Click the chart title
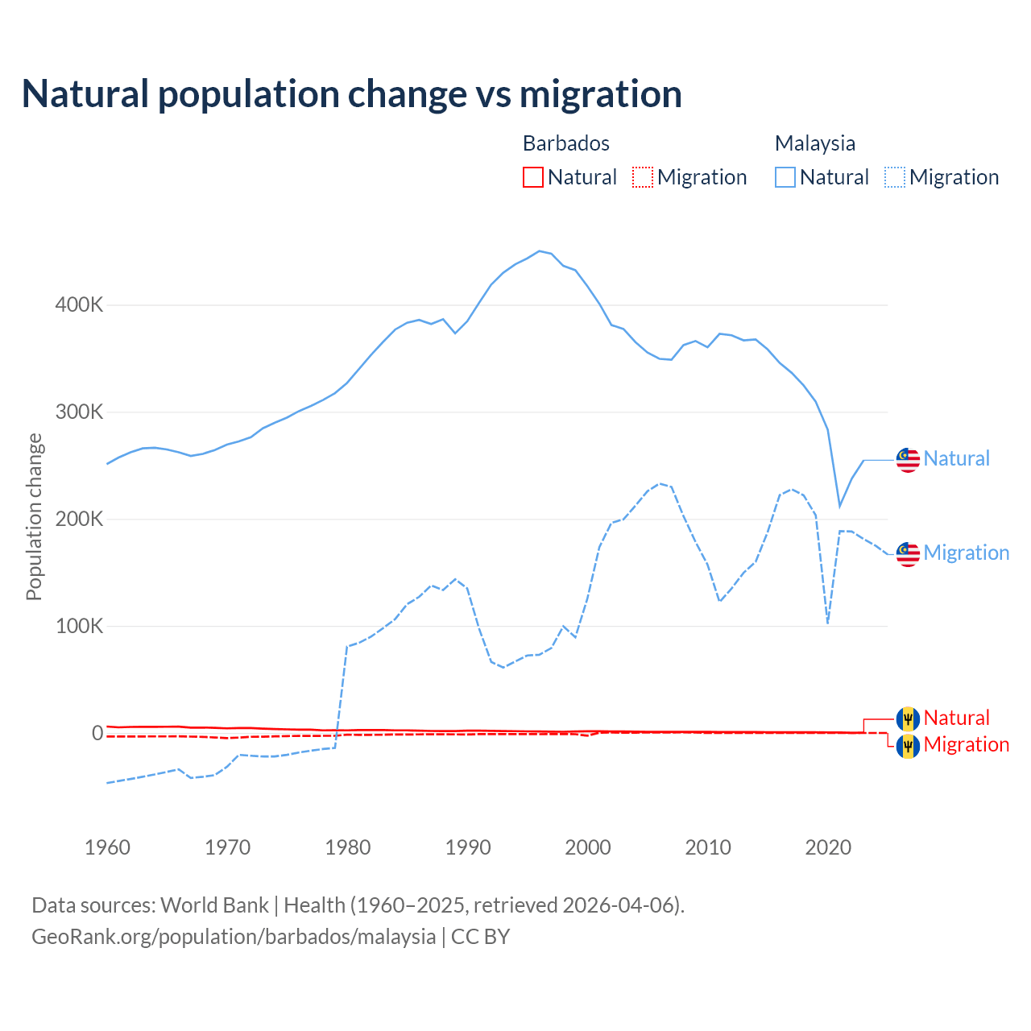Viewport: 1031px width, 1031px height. pyautogui.click(x=351, y=94)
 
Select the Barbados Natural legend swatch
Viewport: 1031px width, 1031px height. pyautogui.click(x=532, y=177)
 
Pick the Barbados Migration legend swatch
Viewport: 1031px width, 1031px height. pyautogui.click(x=643, y=177)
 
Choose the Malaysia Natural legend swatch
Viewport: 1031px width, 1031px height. pyautogui.click(x=785, y=177)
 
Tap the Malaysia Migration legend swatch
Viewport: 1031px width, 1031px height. pyautogui.click(x=895, y=177)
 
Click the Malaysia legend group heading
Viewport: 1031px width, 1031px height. pyautogui.click(x=814, y=143)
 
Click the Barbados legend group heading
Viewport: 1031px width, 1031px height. pyautogui.click(x=565, y=143)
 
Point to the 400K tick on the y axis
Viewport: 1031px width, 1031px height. pyautogui.click(x=80, y=305)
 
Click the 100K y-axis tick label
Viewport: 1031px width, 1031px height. pyautogui.click(x=80, y=626)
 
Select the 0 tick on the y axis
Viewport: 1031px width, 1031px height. pyautogui.click(x=97, y=733)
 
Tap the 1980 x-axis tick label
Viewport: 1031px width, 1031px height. pyautogui.click(x=348, y=847)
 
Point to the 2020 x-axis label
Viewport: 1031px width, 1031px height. pyautogui.click(x=828, y=847)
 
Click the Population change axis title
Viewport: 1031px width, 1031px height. pyautogui.click(x=34, y=516)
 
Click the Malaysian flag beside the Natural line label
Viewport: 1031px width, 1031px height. pyautogui.click(x=908, y=460)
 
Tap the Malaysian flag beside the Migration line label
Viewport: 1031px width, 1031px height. pyautogui.click(x=908, y=554)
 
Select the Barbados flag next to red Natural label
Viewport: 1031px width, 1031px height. pyautogui.click(x=908, y=718)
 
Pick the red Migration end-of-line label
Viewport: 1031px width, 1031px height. pyautogui.click(x=966, y=744)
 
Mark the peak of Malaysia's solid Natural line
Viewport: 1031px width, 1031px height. pyautogui.click(x=540, y=251)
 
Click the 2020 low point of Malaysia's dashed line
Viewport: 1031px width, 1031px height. pyautogui.click(x=827, y=623)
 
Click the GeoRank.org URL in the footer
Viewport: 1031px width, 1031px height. pyautogui.click(x=234, y=937)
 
